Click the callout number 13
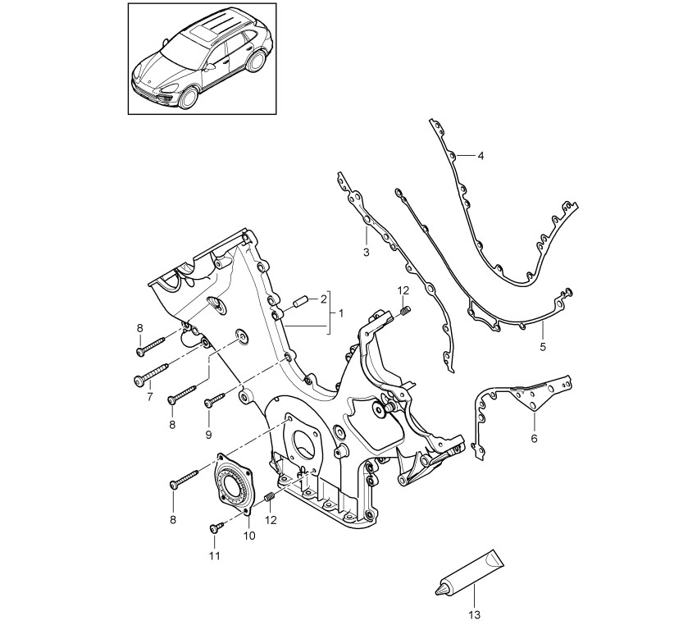pos(475,615)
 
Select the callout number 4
pos(481,156)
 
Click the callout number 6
pos(534,438)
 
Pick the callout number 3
pos(367,253)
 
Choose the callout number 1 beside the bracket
pos(341,313)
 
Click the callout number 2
pos(323,299)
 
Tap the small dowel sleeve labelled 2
pos(299,303)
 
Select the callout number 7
pos(149,397)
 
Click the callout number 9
pos(208,435)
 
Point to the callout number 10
pos(248,536)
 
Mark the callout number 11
pos(214,555)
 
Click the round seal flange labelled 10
pos(233,484)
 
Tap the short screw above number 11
pos(217,527)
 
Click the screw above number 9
pos(215,399)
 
